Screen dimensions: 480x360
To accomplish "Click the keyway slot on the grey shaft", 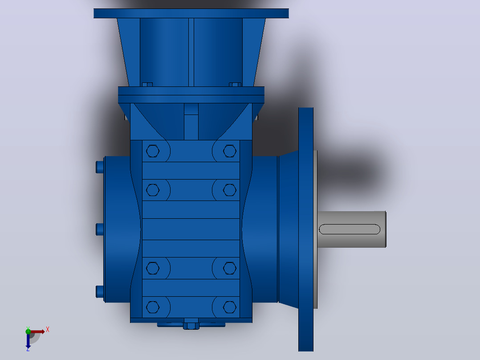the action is pos(350,229).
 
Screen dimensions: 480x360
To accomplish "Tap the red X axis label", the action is pos(48,330).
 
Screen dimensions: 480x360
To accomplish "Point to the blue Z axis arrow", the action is pos(28,341).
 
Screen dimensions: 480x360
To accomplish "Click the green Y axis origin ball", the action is pos(28,331).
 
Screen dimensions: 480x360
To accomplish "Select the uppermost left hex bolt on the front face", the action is pos(153,151).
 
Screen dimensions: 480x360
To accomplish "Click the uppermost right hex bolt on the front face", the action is pos(230,151).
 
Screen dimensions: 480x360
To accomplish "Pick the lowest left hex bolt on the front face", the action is pos(153,307).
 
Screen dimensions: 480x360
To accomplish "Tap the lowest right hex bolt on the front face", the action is pos(230,307).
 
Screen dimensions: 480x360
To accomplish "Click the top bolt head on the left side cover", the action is pos(100,167).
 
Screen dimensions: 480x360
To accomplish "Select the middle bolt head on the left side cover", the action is pos(100,229).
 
